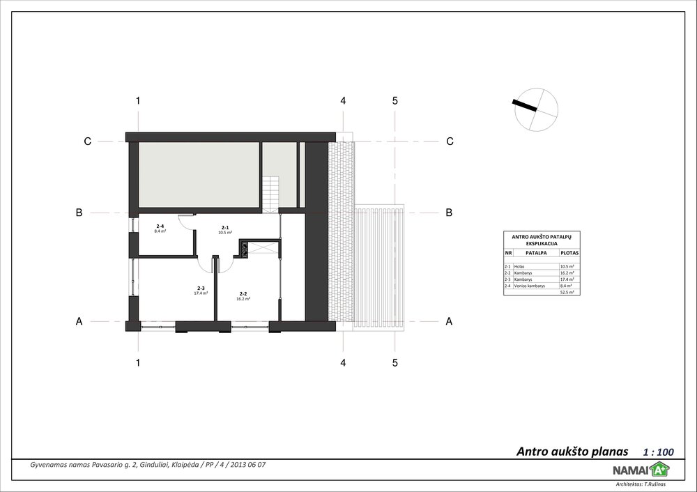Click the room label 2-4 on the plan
(x=160, y=226)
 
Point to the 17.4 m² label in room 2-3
(x=201, y=293)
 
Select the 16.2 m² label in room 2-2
(x=244, y=298)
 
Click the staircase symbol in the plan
(x=270, y=191)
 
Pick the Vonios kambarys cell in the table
(x=535, y=286)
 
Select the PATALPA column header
(x=536, y=253)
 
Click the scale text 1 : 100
(x=657, y=452)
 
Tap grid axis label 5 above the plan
(x=395, y=100)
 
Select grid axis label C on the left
(x=87, y=141)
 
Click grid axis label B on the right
(x=450, y=213)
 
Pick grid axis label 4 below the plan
(x=343, y=362)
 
